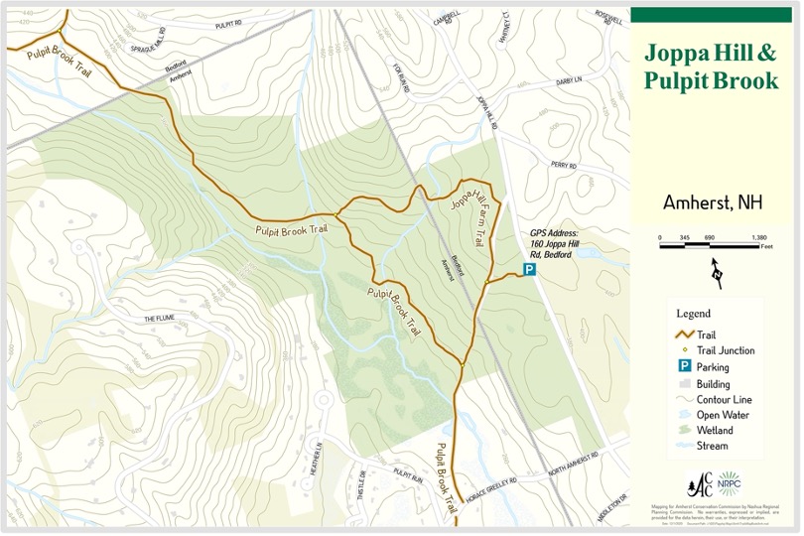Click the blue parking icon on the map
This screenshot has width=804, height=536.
pyautogui.click(x=530, y=269)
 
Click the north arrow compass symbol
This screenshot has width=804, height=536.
pyautogui.click(x=716, y=270)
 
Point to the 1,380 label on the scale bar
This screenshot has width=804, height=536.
pyautogui.click(x=759, y=239)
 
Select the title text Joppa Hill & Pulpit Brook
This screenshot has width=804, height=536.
pyautogui.click(x=711, y=67)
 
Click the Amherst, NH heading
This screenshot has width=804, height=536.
pyautogui.click(x=712, y=203)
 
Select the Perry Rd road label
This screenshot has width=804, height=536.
pyautogui.click(x=564, y=166)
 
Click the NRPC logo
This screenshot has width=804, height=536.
pyautogui.click(x=732, y=483)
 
